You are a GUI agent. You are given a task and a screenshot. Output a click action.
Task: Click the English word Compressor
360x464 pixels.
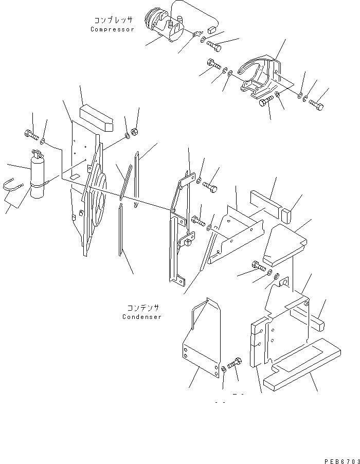pyautogui.click(x=112, y=29)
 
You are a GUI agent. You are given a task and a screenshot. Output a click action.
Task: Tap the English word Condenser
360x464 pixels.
pyautogui.click(x=141, y=317)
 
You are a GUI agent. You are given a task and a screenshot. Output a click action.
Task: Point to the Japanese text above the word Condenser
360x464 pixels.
pyautogui.click(x=142, y=308)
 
